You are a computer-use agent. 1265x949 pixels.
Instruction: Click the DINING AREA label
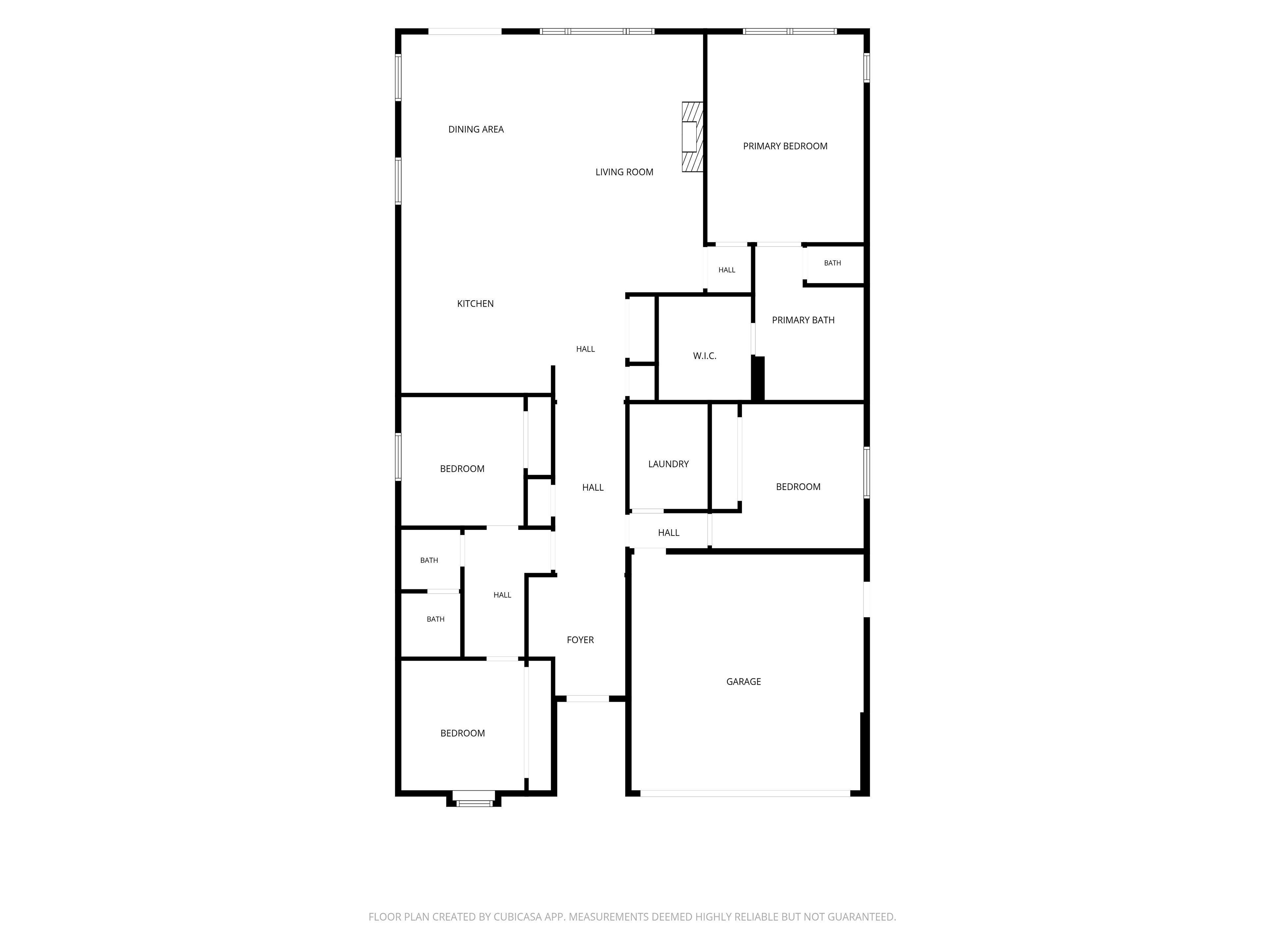[x=476, y=129]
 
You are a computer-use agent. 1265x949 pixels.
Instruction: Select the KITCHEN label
[x=475, y=304]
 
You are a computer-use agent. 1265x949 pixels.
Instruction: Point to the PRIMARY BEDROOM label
[x=785, y=146]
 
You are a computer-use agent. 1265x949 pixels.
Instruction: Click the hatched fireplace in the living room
[x=692, y=137]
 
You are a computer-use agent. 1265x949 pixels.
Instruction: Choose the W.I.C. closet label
[x=705, y=356]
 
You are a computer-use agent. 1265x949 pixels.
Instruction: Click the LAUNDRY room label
[x=668, y=464]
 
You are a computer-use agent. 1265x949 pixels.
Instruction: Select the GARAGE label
[x=744, y=682]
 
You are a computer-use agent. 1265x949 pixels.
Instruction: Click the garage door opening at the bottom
[x=745, y=793]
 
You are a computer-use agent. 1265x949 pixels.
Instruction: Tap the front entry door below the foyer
[x=588, y=699]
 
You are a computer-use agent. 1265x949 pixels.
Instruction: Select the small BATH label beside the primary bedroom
[x=832, y=263]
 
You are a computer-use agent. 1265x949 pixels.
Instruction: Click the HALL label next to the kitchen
[x=585, y=349]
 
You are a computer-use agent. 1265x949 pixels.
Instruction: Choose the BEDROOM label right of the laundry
[x=798, y=487]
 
